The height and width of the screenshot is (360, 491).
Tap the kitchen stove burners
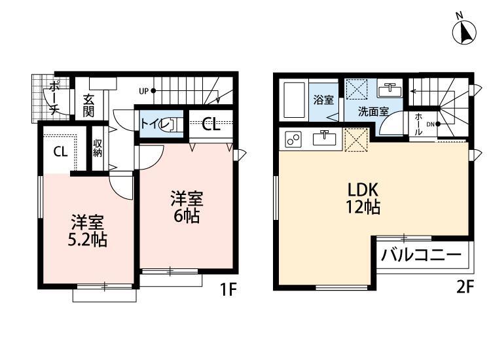[x=292, y=139]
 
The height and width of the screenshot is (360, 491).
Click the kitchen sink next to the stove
[x=323, y=138]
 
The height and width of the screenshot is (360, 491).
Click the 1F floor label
[x=227, y=287]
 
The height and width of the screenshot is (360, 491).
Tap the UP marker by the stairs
[x=143, y=90]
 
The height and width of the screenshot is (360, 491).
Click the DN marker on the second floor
[x=431, y=124]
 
